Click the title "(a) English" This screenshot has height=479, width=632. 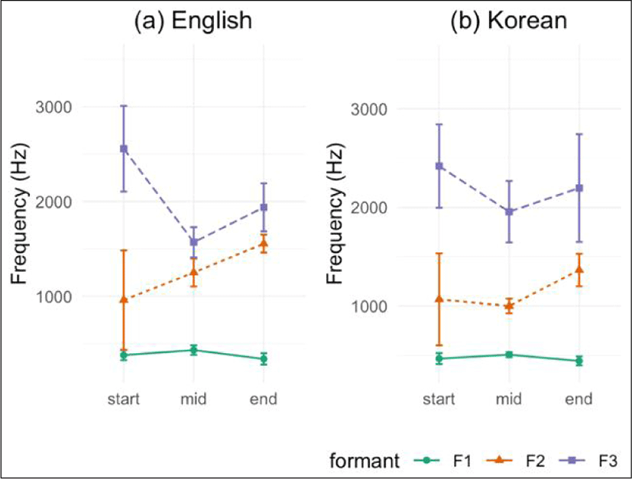pyautogui.click(x=193, y=21)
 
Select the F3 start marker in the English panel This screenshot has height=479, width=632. pyautogui.click(x=123, y=148)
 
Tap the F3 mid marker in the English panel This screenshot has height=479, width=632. pyautogui.click(x=193, y=242)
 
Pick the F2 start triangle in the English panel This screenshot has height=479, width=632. pyautogui.click(x=123, y=299)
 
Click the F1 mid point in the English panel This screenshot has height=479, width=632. pyautogui.click(x=193, y=350)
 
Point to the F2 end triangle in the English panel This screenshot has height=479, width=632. pyautogui.click(x=264, y=243)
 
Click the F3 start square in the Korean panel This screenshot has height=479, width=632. pyautogui.click(x=439, y=166)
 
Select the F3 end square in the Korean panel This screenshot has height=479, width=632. pyautogui.click(x=579, y=188)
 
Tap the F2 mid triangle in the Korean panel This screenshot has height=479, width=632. pyautogui.click(x=509, y=306)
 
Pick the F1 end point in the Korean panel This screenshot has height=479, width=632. pyautogui.click(x=579, y=361)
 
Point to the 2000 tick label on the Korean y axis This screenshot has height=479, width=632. pyautogui.click(x=371, y=208)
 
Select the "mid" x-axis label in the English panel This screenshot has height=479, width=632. pyautogui.click(x=193, y=399)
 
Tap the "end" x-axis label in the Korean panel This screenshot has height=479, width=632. pyautogui.click(x=579, y=399)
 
